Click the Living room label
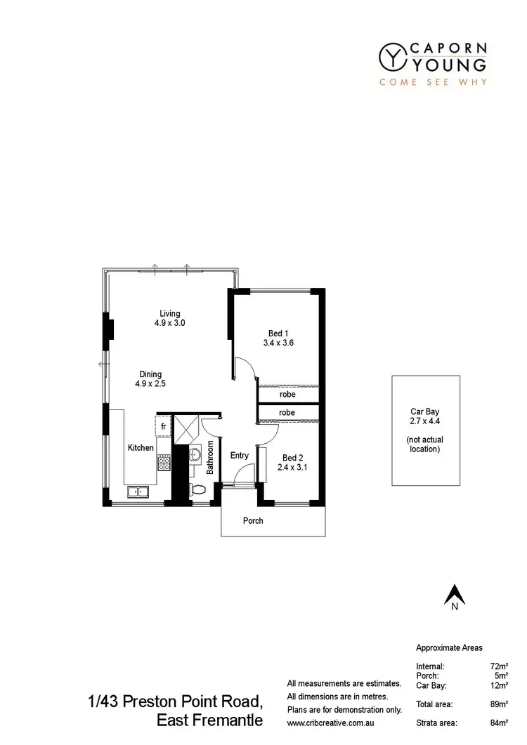click(x=170, y=313)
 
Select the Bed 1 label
click(x=278, y=334)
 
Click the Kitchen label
click(x=141, y=447)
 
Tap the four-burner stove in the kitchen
click(x=164, y=463)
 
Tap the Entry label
click(x=240, y=455)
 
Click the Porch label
click(x=253, y=521)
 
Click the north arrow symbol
click(x=455, y=595)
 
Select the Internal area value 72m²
click(x=500, y=665)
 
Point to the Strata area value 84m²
click(x=500, y=722)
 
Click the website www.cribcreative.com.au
click(x=334, y=722)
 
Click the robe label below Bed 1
click(x=287, y=395)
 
